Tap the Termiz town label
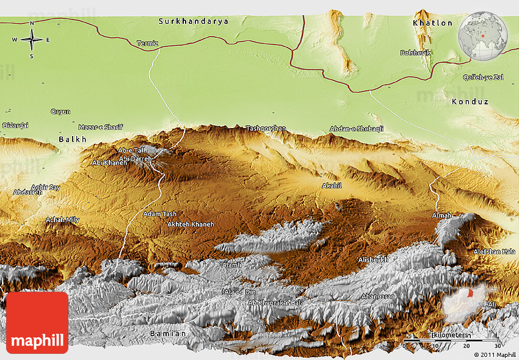click(x=148, y=43)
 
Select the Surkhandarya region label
click(x=194, y=21)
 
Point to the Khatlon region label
click(x=433, y=23)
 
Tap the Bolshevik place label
click(x=415, y=53)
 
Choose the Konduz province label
click(x=470, y=102)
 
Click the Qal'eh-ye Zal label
click(x=482, y=77)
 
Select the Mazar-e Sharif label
click(x=101, y=127)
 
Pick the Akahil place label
click(x=332, y=185)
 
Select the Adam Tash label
click(x=159, y=214)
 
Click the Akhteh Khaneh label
click(x=191, y=225)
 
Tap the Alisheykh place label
click(x=373, y=259)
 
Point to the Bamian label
click(x=167, y=333)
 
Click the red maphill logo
click(x=37, y=322)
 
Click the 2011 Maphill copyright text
click(x=494, y=355)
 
